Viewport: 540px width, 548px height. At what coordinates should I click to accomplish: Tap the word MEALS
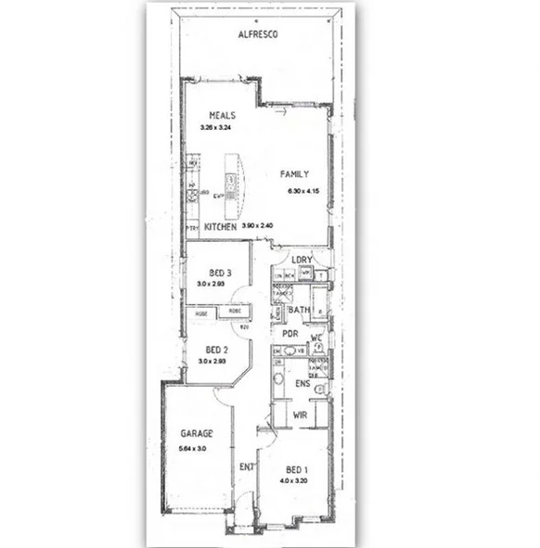222,116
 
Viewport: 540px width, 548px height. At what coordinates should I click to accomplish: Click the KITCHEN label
221,226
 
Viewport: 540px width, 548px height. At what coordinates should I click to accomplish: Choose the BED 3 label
220,273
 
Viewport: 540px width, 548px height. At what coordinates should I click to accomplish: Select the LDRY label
302,260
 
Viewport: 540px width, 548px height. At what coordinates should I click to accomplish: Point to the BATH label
298,310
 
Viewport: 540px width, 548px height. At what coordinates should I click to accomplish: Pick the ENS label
301,382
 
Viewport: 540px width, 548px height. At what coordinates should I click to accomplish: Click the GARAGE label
196,434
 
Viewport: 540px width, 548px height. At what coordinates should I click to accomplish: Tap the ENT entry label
247,466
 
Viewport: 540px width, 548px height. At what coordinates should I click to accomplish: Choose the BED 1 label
298,468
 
